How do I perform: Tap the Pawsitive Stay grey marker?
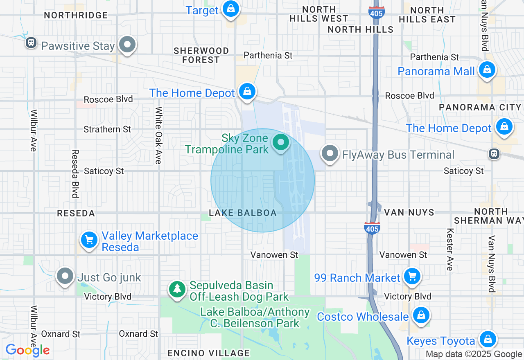coord(127,45)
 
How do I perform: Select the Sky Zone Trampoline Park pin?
coord(281,143)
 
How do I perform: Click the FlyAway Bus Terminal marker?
coord(330,154)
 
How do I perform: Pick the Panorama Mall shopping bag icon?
coord(487,70)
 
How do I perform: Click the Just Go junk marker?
coord(65,277)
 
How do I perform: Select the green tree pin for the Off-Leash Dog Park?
coord(177,289)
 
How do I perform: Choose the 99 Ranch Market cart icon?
coord(412,277)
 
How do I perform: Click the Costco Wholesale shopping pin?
coord(420,315)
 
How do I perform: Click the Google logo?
coord(27,350)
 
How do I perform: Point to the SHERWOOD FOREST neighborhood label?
coord(201,55)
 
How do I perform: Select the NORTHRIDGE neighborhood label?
coord(76,15)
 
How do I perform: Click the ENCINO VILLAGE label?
coord(209,353)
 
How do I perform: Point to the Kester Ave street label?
coord(450,250)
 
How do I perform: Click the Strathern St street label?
coord(107,129)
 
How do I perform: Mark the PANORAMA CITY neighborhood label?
coord(480,107)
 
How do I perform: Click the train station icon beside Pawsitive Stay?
coord(31,43)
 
